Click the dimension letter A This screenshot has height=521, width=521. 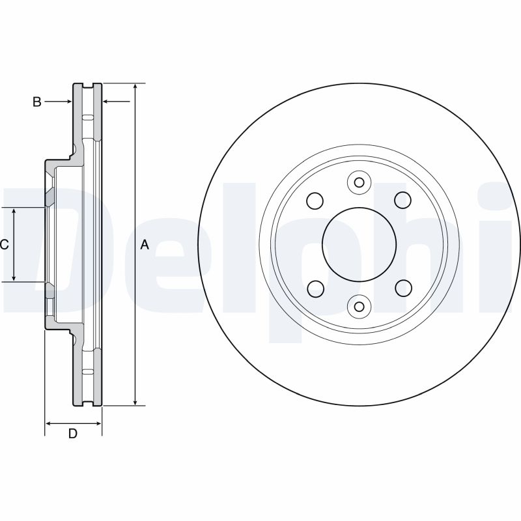(145, 245)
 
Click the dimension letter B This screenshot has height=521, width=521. (37, 102)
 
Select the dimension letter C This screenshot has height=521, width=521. (4, 245)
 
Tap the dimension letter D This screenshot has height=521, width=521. (73, 433)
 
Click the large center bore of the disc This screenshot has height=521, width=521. (359, 245)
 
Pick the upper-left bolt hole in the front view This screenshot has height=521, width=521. (315, 201)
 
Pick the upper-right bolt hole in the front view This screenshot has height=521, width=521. (402, 200)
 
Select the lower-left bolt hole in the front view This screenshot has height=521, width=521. (316, 289)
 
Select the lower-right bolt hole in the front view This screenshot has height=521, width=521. (404, 288)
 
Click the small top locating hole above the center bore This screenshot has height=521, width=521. (359, 182)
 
